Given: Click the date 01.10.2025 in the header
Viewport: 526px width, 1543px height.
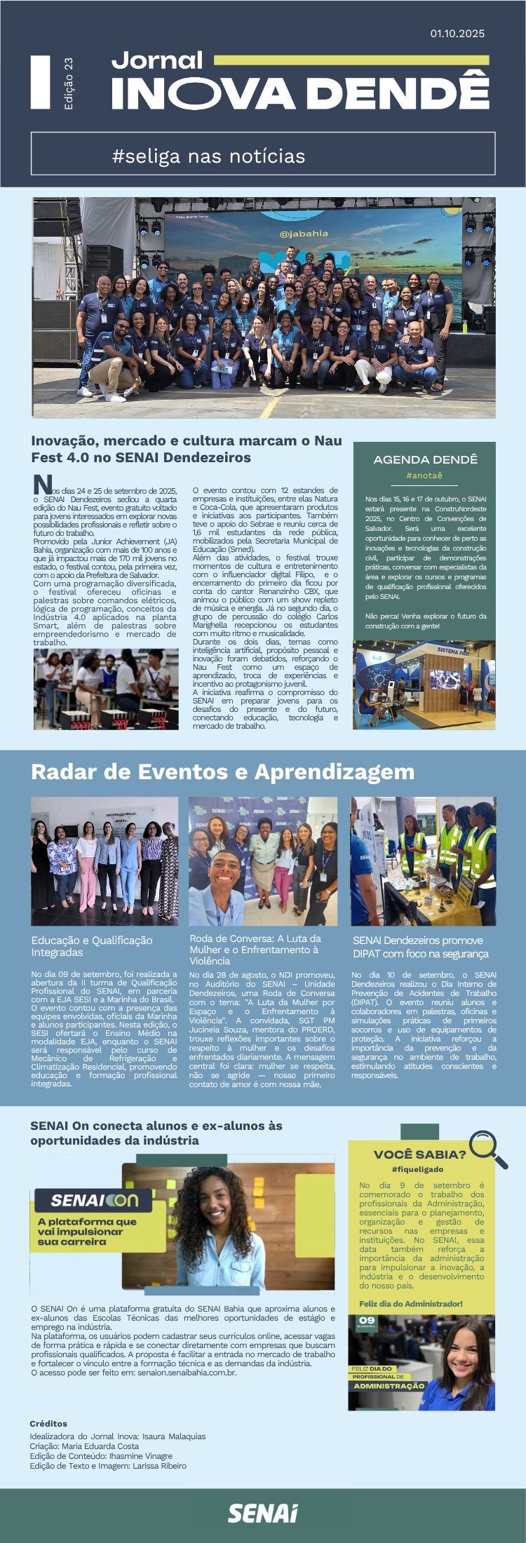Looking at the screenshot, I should tap(457, 33).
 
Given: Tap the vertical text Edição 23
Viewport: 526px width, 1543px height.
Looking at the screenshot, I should tap(68, 83).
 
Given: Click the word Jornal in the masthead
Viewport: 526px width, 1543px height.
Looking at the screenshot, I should tap(157, 60).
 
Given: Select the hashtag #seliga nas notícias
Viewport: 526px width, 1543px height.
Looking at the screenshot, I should tap(208, 156).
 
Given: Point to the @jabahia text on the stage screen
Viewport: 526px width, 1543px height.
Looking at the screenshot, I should tap(304, 234).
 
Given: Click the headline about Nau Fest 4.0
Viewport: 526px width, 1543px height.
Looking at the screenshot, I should tap(187, 449).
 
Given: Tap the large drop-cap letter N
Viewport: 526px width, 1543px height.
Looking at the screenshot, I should tap(43, 484).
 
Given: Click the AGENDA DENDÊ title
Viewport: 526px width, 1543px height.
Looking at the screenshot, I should tap(425, 459).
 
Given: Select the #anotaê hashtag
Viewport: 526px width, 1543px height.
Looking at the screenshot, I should tap(424, 476).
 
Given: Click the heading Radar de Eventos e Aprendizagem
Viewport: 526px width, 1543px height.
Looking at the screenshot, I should tap(223, 771).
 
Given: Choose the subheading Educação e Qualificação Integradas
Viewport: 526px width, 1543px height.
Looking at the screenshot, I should tap(92, 946).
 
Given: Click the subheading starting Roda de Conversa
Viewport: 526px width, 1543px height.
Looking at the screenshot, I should tap(255, 949).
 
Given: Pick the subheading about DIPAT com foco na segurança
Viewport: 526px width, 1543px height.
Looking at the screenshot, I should tap(421, 947).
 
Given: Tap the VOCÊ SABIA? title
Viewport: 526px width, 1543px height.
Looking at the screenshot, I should tap(419, 1154).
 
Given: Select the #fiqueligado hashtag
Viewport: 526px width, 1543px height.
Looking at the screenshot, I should tap(418, 1169).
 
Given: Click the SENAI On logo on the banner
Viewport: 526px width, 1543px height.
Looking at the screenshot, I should tap(95, 1200).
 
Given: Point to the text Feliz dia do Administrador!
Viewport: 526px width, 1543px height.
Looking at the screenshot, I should tap(411, 1303).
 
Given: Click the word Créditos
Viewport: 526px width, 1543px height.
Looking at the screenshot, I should tap(48, 1424).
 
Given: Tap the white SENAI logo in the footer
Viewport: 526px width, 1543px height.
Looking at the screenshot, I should tap(262, 1513).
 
